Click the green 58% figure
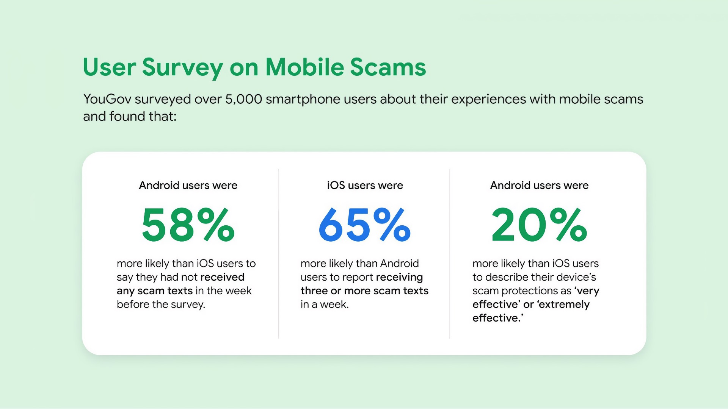[x=188, y=225]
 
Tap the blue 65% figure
[x=364, y=225]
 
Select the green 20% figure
[x=539, y=225]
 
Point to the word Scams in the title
[x=388, y=67]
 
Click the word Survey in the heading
[x=182, y=68]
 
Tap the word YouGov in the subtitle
[x=107, y=99]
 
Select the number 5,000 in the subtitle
[x=243, y=99]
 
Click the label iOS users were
[x=365, y=185]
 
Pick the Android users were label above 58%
[x=188, y=185]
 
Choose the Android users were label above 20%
[x=539, y=185]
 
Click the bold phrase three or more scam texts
[x=364, y=290]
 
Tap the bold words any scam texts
[x=155, y=291]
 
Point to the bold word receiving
[x=399, y=277]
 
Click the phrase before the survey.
[x=161, y=304]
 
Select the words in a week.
[x=325, y=304]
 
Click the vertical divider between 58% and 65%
[x=279, y=254]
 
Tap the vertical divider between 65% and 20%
[x=450, y=254]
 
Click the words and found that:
[x=130, y=116]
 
